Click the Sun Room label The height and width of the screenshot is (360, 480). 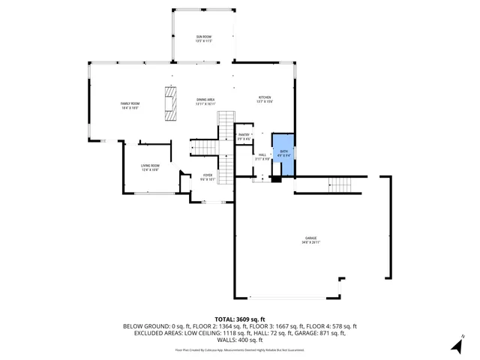click(x=204, y=37)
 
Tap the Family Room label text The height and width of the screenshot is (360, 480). click(x=130, y=103)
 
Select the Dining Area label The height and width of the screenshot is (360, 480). click(x=205, y=100)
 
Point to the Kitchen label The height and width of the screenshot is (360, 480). click(x=265, y=97)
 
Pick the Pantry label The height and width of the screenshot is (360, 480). click(x=244, y=134)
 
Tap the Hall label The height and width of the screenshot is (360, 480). click(x=262, y=154)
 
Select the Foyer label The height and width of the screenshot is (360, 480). click(x=208, y=175)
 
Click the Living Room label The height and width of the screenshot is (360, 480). click(x=150, y=166)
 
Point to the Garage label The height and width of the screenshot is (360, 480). click(x=310, y=238)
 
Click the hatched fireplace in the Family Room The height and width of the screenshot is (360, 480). click(x=172, y=103)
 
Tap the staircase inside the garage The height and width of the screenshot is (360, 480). click(x=340, y=184)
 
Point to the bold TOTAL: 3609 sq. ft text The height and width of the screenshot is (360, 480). click(x=240, y=319)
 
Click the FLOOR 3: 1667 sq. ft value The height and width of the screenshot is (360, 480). click(x=265, y=326)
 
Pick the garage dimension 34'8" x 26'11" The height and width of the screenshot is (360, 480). click(x=310, y=242)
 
